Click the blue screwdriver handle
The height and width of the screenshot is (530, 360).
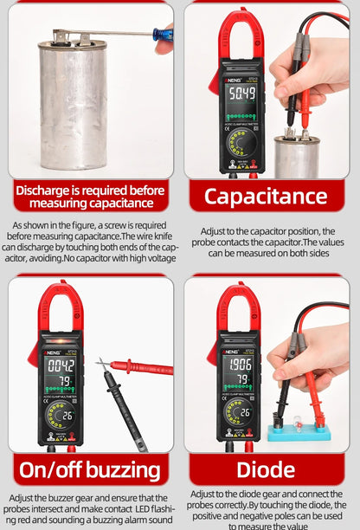click(163, 35)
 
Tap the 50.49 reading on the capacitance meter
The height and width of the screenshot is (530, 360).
click(242, 93)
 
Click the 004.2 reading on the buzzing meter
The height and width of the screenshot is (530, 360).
click(61, 365)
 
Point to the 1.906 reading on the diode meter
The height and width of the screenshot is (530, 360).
click(241, 365)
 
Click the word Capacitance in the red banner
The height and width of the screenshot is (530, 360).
click(266, 197)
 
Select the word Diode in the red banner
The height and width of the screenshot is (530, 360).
click(266, 470)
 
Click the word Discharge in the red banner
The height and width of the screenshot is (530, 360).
click(42, 191)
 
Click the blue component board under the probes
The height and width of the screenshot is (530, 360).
click(299, 433)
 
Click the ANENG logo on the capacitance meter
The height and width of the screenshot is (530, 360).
click(232, 81)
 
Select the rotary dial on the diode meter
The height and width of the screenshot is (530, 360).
click(240, 411)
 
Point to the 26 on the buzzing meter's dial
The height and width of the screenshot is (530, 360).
click(68, 416)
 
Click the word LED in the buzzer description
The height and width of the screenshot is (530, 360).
click(142, 508)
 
